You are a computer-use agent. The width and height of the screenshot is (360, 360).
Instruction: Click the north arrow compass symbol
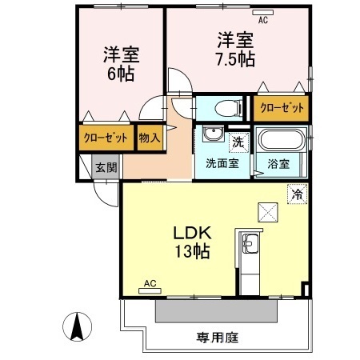coord(78,326)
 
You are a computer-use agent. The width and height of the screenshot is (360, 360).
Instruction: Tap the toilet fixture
coord(226,107)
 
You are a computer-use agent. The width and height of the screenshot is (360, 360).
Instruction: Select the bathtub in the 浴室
coord(282,142)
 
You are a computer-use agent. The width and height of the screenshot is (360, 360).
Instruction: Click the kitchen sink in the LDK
coord(249,242)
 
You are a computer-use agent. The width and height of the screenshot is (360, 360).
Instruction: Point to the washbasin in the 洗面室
coord(212,135)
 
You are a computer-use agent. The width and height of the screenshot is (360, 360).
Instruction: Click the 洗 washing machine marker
coord(238,142)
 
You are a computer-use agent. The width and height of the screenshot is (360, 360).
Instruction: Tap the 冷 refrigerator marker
coord(297,193)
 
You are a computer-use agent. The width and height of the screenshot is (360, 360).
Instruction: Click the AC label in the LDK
coord(149,283)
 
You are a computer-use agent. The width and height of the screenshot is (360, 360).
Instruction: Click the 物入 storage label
coord(150,138)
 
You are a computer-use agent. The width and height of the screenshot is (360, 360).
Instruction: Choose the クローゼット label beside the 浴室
coord(280,106)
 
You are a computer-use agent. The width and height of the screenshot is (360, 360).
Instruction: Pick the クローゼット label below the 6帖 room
coord(106,138)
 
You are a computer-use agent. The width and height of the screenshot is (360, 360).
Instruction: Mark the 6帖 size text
coord(122,74)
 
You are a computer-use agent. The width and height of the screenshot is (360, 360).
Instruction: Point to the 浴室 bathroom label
coord(281,164)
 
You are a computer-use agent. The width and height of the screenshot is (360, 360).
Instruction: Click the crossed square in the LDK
coord(266,211)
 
